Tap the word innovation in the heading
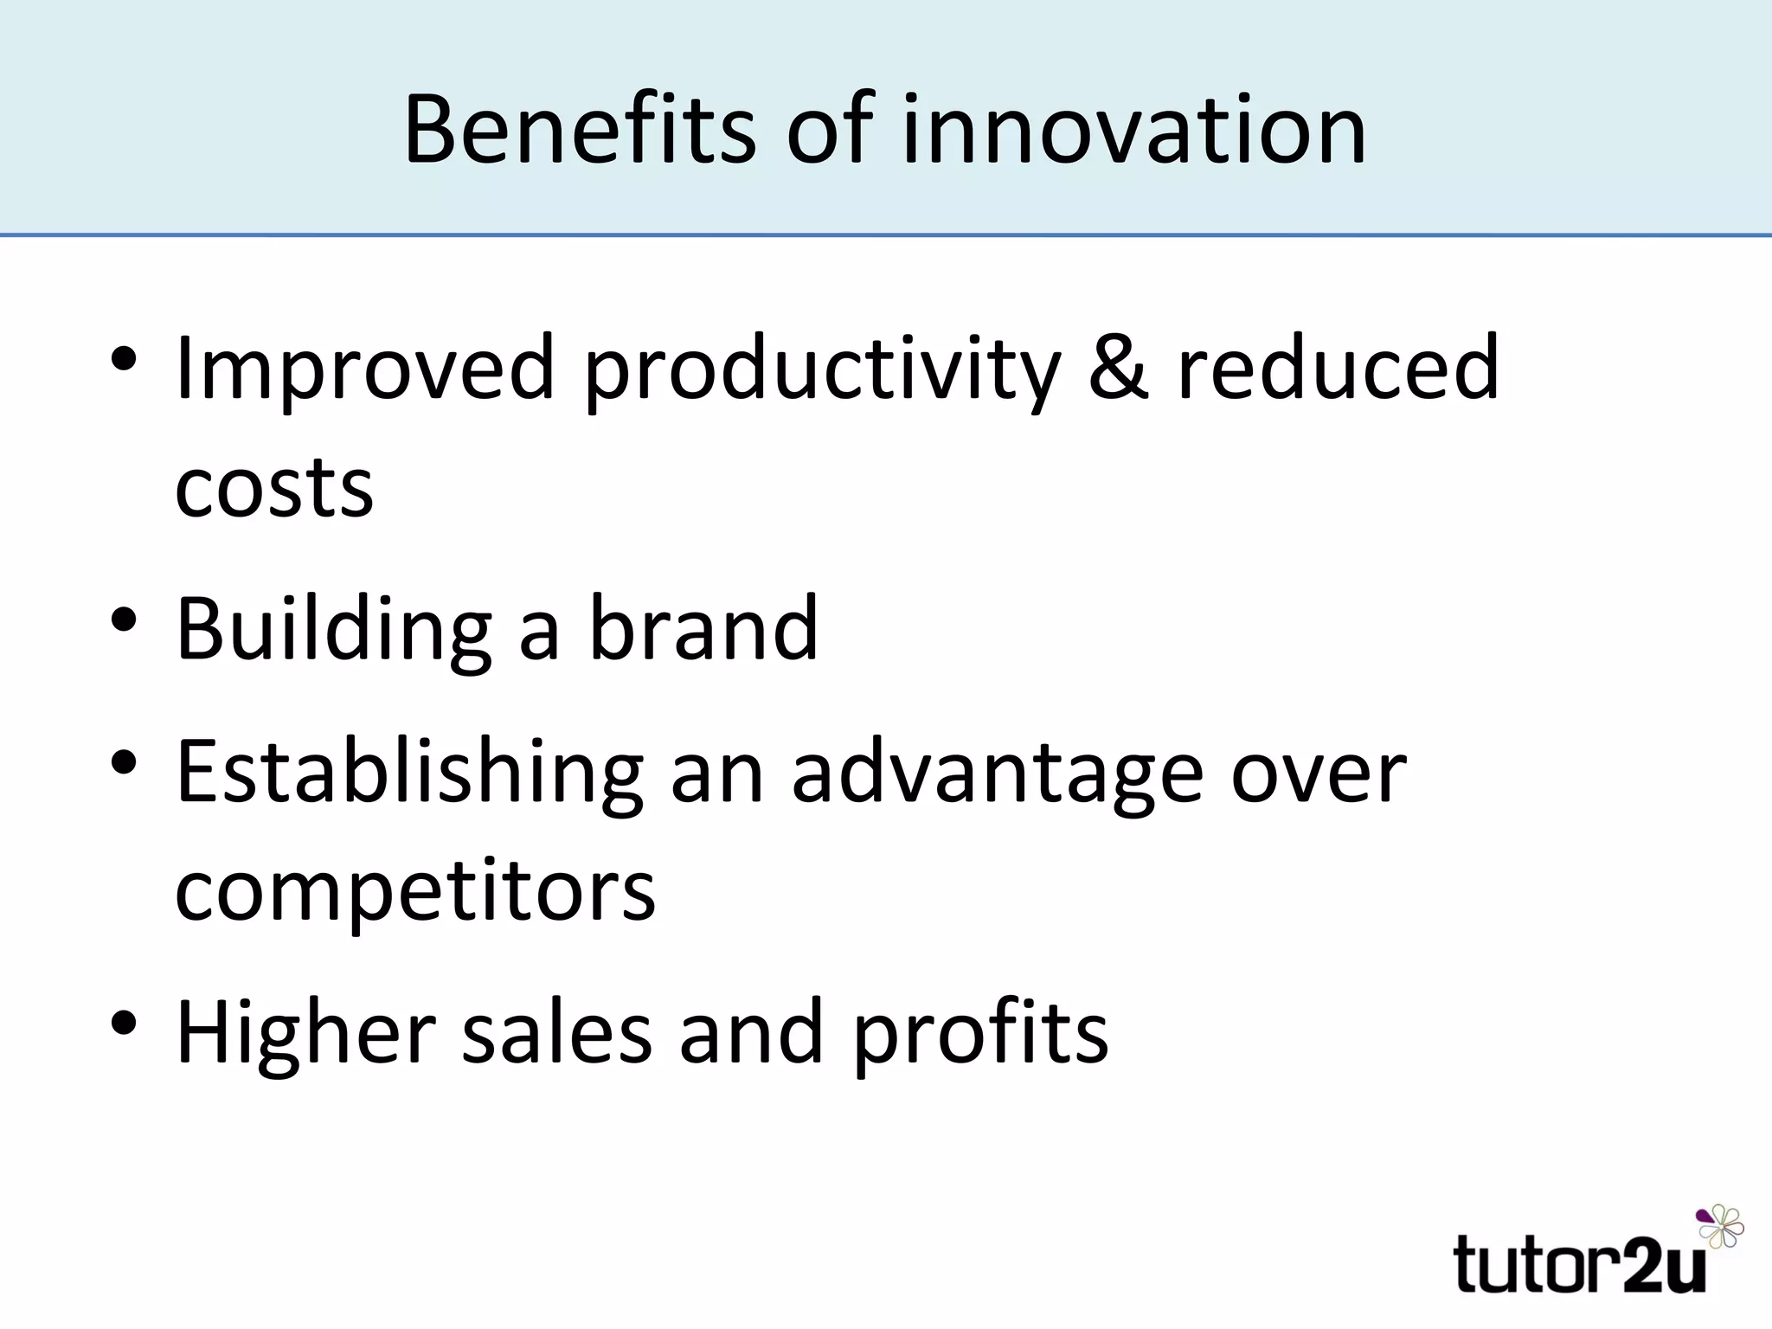(x=1133, y=130)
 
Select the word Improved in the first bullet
(x=364, y=368)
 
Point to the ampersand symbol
(x=1118, y=368)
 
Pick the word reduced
(x=1338, y=368)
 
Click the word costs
(x=274, y=487)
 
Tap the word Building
(x=333, y=630)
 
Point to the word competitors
(x=415, y=891)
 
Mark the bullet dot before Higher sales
(x=124, y=1024)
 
